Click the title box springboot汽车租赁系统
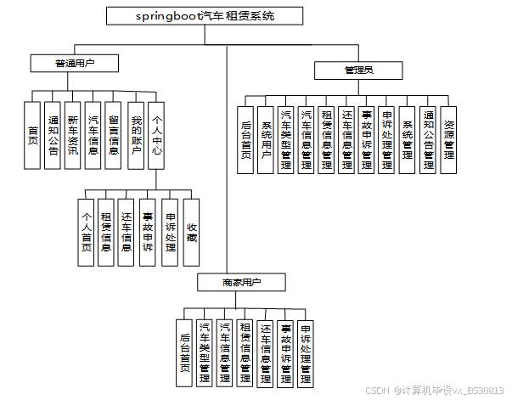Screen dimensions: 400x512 (x=205, y=15)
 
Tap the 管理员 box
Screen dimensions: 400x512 (x=357, y=70)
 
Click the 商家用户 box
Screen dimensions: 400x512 (x=242, y=282)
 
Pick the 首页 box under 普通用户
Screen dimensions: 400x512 (x=33, y=135)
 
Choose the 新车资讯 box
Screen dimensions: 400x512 (x=74, y=135)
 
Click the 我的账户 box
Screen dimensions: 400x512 (x=136, y=135)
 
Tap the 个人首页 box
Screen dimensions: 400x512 (x=86, y=232)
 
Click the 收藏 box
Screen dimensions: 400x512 (x=191, y=232)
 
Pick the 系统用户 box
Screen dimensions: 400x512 (x=266, y=138)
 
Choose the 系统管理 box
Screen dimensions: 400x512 (x=408, y=138)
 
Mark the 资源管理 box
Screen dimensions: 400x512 (x=449, y=138)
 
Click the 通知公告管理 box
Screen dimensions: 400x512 (x=429, y=138)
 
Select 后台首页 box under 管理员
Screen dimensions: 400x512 (x=245, y=138)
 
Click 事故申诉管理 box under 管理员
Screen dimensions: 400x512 (x=367, y=138)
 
